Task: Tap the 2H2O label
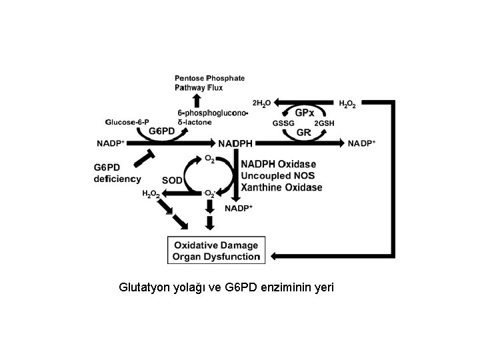(x=261, y=103)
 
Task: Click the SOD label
(x=173, y=180)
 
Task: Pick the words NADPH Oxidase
(x=279, y=164)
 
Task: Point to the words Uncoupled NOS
(x=278, y=176)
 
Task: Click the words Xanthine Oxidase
(x=281, y=188)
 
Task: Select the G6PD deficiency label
(x=117, y=173)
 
